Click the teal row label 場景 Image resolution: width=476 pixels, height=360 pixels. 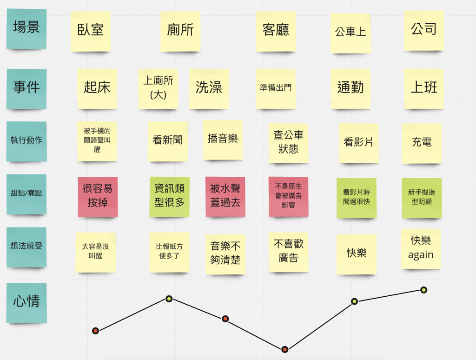[x=26, y=28]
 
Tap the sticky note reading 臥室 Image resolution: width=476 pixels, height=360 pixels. [x=91, y=31]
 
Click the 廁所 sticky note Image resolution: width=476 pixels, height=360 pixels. [x=180, y=31]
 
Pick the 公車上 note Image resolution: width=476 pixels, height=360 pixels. [x=350, y=33]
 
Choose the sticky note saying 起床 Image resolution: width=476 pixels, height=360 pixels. [x=97, y=88]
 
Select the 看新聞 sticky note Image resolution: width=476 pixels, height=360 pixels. [x=168, y=141]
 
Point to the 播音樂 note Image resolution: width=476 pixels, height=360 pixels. [x=223, y=139]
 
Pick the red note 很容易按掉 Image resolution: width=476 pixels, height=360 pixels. [x=97, y=196]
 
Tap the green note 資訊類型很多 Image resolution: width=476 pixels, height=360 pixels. [x=170, y=196]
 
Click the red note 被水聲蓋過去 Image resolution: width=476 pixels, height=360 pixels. [x=225, y=196]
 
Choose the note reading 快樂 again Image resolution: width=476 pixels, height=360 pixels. [x=421, y=248]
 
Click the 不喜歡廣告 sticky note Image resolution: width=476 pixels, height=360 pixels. [x=288, y=252]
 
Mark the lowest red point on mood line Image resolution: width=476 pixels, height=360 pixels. [x=285, y=349]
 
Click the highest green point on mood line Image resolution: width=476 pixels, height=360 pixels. [x=423, y=290]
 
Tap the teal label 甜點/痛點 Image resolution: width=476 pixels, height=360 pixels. [x=26, y=193]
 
